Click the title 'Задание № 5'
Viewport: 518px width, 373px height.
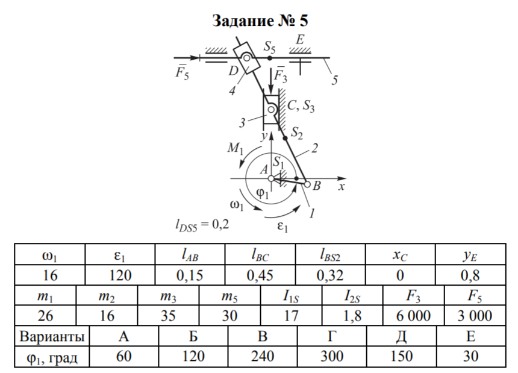[x=260, y=21]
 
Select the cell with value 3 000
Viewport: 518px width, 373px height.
[x=474, y=316]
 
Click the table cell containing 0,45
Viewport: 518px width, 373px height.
[x=260, y=275]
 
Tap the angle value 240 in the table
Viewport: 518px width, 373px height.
[x=263, y=356]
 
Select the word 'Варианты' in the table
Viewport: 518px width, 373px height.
[x=51, y=336]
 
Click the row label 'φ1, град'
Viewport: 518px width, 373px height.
[x=51, y=356]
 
